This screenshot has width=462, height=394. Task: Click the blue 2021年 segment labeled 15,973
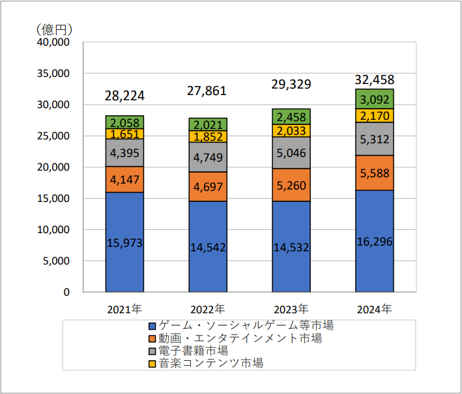(x=124, y=242)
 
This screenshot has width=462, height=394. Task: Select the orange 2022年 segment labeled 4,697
(x=208, y=187)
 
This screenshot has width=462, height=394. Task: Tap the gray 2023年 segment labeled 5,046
(x=291, y=152)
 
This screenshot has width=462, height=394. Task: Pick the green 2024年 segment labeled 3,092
(x=375, y=99)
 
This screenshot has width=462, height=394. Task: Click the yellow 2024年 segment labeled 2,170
(x=375, y=115)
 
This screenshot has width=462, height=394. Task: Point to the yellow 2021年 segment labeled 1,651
(x=124, y=134)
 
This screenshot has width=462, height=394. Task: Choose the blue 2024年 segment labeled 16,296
(x=375, y=240)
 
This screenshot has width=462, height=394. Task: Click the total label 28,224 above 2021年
(x=124, y=96)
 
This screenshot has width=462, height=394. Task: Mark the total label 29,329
(x=291, y=84)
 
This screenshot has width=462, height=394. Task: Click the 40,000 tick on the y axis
(x=55, y=42)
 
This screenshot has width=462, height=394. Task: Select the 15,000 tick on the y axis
(x=55, y=199)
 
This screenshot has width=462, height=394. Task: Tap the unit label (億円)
(x=55, y=29)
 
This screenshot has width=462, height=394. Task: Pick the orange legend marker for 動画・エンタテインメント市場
(x=152, y=339)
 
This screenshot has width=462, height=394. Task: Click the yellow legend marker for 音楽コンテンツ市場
(x=152, y=363)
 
